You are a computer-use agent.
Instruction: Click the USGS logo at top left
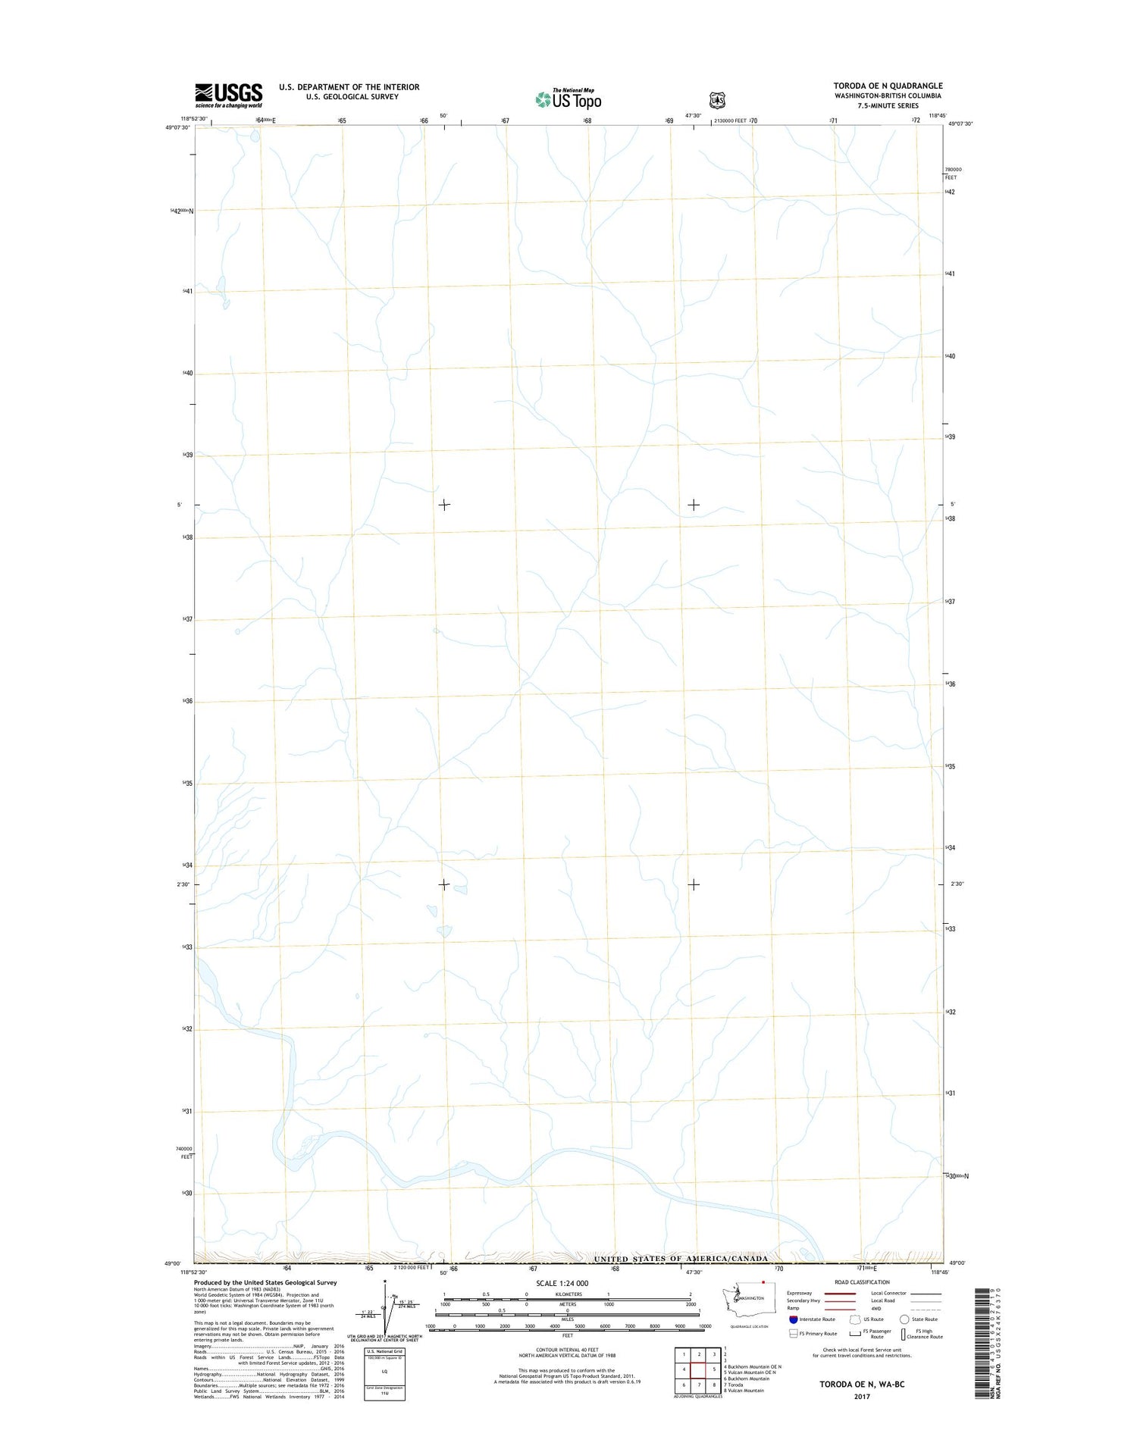click(x=228, y=95)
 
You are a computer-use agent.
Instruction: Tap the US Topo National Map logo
click(x=568, y=99)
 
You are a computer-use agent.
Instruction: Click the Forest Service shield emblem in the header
click(x=716, y=100)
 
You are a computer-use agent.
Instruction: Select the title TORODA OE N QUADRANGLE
click(x=888, y=86)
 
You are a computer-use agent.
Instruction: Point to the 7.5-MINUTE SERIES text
click(x=888, y=106)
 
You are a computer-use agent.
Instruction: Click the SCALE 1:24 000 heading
click(x=562, y=1283)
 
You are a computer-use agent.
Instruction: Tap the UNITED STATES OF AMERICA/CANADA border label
click(x=681, y=1259)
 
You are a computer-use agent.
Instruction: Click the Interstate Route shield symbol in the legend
click(x=793, y=1319)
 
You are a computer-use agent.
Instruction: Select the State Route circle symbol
click(x=904, y=1319)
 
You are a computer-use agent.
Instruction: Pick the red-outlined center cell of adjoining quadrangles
click(x=699, y=1369)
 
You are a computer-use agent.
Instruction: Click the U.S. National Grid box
click(x=384, y=1372)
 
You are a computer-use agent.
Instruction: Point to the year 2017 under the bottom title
click(x=862, y=1396)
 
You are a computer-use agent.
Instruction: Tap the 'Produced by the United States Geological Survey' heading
click(x=265, y=1282)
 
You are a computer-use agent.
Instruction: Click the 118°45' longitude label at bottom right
click(x=939, y=1272)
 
